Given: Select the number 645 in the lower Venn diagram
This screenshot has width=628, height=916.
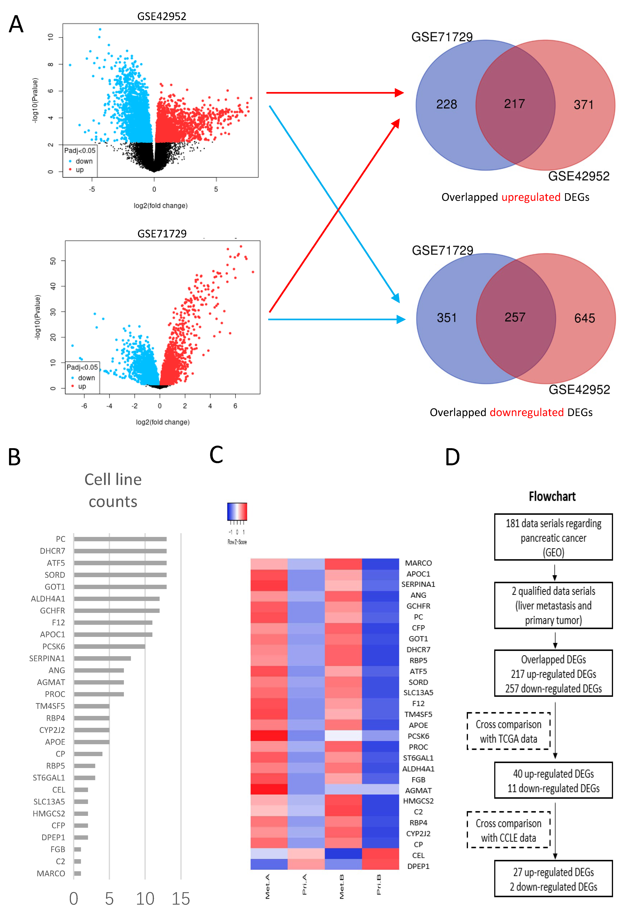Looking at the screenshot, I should (x=584, y=318).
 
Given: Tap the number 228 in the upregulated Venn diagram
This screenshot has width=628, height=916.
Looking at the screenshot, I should (x=446, y=104).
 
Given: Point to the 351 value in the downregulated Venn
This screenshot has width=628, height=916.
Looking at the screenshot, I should (x=446, y=318).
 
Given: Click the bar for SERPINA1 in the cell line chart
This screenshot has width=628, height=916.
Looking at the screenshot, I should (x=102, y=658).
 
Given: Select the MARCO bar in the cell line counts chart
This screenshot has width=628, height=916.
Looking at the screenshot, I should (x=78, y=873).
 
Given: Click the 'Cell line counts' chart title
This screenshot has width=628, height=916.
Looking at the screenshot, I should (x=113, y=490).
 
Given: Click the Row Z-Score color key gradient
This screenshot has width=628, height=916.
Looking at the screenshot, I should (x=237, y=512).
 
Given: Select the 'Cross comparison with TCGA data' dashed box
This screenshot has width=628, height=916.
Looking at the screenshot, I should (x=508, y=731).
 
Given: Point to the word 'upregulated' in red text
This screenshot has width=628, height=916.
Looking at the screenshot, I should (x=531, y=197).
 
